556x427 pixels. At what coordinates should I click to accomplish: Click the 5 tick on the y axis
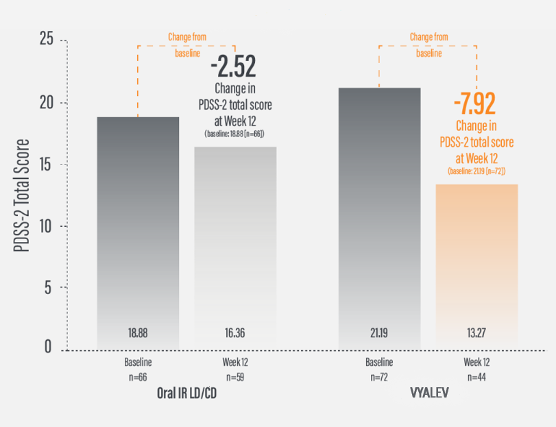click(49, 288)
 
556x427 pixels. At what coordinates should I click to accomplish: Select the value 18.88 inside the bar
click(138, 333)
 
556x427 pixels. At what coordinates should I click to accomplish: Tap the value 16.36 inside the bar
click(235, 333)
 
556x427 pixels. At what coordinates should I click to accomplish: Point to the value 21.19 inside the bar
click(379, 333)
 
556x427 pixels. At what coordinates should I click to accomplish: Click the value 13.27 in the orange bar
click(476, 333)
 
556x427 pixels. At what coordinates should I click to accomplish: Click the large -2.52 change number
click(233, 67)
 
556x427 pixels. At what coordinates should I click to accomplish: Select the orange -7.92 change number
click(474, 104)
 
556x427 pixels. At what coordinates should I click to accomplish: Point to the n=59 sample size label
click(235, 376)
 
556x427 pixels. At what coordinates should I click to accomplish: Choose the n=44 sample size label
click(476, 376)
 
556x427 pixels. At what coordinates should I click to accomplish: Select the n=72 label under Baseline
click(379, 376)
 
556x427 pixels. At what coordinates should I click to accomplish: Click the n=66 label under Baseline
click(138, 376)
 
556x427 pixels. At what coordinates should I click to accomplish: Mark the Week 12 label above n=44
click(476, 362)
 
